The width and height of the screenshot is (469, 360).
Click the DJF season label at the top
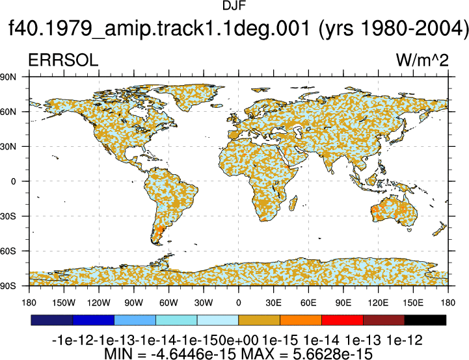234,5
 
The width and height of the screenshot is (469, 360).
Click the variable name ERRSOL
63,60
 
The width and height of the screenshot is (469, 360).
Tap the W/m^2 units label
422,60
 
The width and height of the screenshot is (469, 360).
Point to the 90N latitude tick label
8,77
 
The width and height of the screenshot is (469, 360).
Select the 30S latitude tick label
8,216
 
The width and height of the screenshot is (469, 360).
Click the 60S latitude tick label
8,251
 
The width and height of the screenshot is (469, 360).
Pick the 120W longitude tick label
99,303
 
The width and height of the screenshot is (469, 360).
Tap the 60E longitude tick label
308,303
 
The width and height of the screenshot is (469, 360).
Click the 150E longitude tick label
413,303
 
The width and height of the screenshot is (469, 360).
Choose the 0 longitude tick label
238,303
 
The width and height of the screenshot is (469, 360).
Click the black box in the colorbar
425,320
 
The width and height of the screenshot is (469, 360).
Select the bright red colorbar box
342,320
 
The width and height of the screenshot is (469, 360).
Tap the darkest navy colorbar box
52,320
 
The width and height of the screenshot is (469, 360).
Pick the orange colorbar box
301,320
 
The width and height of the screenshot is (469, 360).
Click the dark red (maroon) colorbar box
384,320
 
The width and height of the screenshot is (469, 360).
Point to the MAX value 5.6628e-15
332,354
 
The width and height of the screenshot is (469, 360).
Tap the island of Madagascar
293,203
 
